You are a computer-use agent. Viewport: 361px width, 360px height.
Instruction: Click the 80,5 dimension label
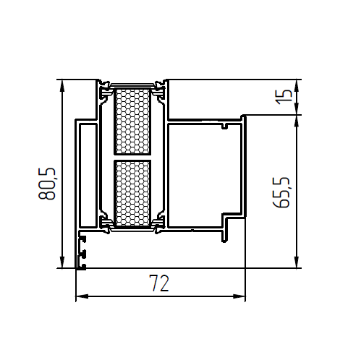[47, 184]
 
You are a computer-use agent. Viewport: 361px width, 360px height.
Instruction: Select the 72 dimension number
[159, 283]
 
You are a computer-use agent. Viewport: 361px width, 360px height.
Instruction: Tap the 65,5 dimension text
[281, 192]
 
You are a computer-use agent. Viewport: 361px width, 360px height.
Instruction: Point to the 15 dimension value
[284, 97]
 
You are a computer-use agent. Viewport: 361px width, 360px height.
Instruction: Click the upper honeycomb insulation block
[132, 121]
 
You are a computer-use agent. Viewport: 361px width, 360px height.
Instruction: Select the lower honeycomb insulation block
[132, 194]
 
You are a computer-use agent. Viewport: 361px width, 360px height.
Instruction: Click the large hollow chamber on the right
[204, 175]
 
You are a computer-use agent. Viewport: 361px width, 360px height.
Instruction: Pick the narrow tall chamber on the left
[88, 176]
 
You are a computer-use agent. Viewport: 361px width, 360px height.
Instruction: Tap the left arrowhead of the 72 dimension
[82, 296]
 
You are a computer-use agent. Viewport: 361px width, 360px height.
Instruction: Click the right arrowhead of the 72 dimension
[239, 296]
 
